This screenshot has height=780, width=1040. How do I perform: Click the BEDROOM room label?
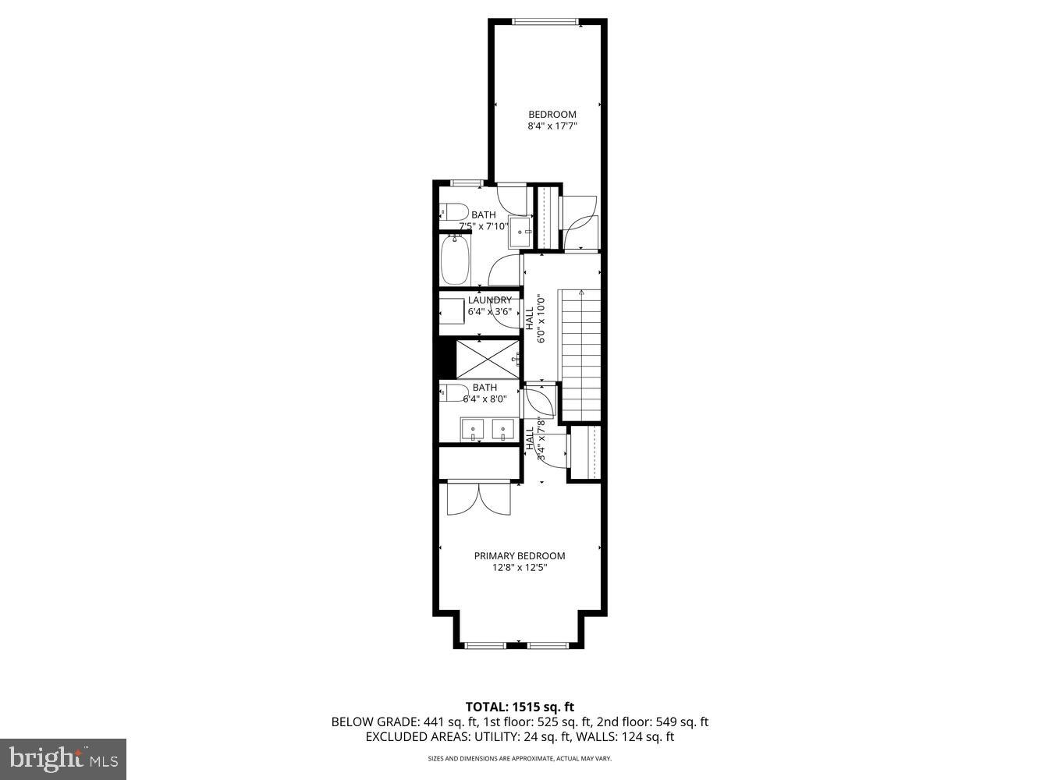point(552,115)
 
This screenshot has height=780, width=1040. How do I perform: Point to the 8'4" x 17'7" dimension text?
point(552,126)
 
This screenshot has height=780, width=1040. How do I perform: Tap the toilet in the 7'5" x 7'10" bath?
point(453,211)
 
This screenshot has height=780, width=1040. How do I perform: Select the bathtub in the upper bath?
point(454,261)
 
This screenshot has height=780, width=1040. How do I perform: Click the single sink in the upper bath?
point(520,232)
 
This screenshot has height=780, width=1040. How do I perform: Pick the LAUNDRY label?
point(490,300)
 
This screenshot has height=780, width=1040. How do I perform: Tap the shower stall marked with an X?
point(488,358)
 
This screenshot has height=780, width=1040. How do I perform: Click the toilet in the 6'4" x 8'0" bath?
point(454,392)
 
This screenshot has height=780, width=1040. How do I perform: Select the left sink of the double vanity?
point(473,430)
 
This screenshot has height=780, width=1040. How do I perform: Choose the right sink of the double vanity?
point(502,430)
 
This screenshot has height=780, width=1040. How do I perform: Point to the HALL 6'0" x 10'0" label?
point(534,318)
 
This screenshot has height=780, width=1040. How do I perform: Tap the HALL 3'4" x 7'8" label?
point(534,438)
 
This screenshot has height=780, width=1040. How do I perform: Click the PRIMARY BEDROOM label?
point(520,556)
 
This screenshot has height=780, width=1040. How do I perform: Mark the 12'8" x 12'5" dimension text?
point(520,568)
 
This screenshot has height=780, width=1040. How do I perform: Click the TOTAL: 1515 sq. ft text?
point(520,707)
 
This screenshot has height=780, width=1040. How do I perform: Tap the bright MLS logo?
point(63,759)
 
